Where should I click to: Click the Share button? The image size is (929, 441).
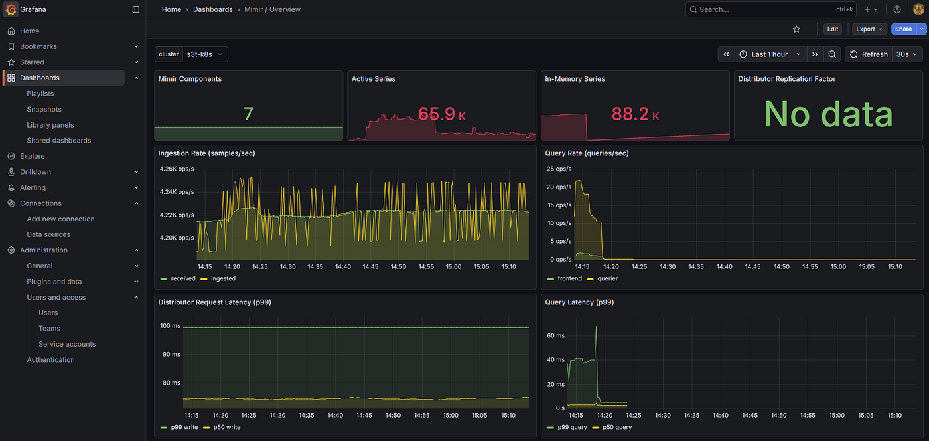pyautogui.click(x=903, y=29)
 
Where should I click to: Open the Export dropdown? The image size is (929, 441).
pyautogui.click(x=869, y=29)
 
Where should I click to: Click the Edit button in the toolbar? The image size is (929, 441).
pyautogui.click(x=832, y=29)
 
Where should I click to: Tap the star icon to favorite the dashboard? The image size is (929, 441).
pyautogui.click(x=796, y=29)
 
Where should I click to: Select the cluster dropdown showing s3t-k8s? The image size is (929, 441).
pyautogui.click(x=205, y=54)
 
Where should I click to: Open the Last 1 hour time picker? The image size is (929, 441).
pyautogui.click(x=770, y=54)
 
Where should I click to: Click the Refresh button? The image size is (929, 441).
pyautogui.click(x=869, y=54)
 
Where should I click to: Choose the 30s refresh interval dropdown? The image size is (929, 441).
pyautogui.click(x=907, y=54)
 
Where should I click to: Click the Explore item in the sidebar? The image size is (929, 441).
pyautogui.click(x=32, y=156)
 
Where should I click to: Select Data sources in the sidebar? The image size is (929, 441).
pyautogui.click(x=48, y=234)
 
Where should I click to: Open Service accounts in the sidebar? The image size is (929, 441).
pyautogui.click(x=67, y=344)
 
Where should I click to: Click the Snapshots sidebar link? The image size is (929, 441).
pyautogui.click(x=44, y=109)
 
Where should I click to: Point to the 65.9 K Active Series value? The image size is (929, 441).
pyautogui.click(x=442, y=114)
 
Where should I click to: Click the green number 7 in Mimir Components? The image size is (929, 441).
pyautogui.click(x=248, y=114)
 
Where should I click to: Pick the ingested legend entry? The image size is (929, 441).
pyautogui.click(x=218, y=279)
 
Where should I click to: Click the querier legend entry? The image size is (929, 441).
pyautogui.click(x=603, y=279)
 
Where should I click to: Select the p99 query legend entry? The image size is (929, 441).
pyautogui.click(x=567, y=427)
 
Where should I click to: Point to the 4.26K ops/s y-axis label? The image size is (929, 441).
pyautogui.click(x=177, y=169)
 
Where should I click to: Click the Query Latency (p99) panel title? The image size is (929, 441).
pyautogui.click(x=579, y=302)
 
